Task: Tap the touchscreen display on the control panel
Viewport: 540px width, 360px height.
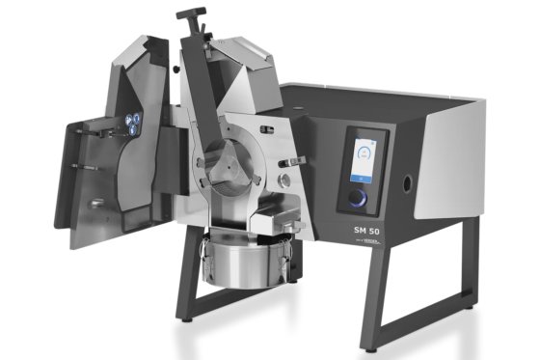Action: [365, 158]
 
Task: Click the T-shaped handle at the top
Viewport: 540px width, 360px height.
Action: [191, 14]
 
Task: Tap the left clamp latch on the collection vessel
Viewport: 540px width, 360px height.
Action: [205, 259]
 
